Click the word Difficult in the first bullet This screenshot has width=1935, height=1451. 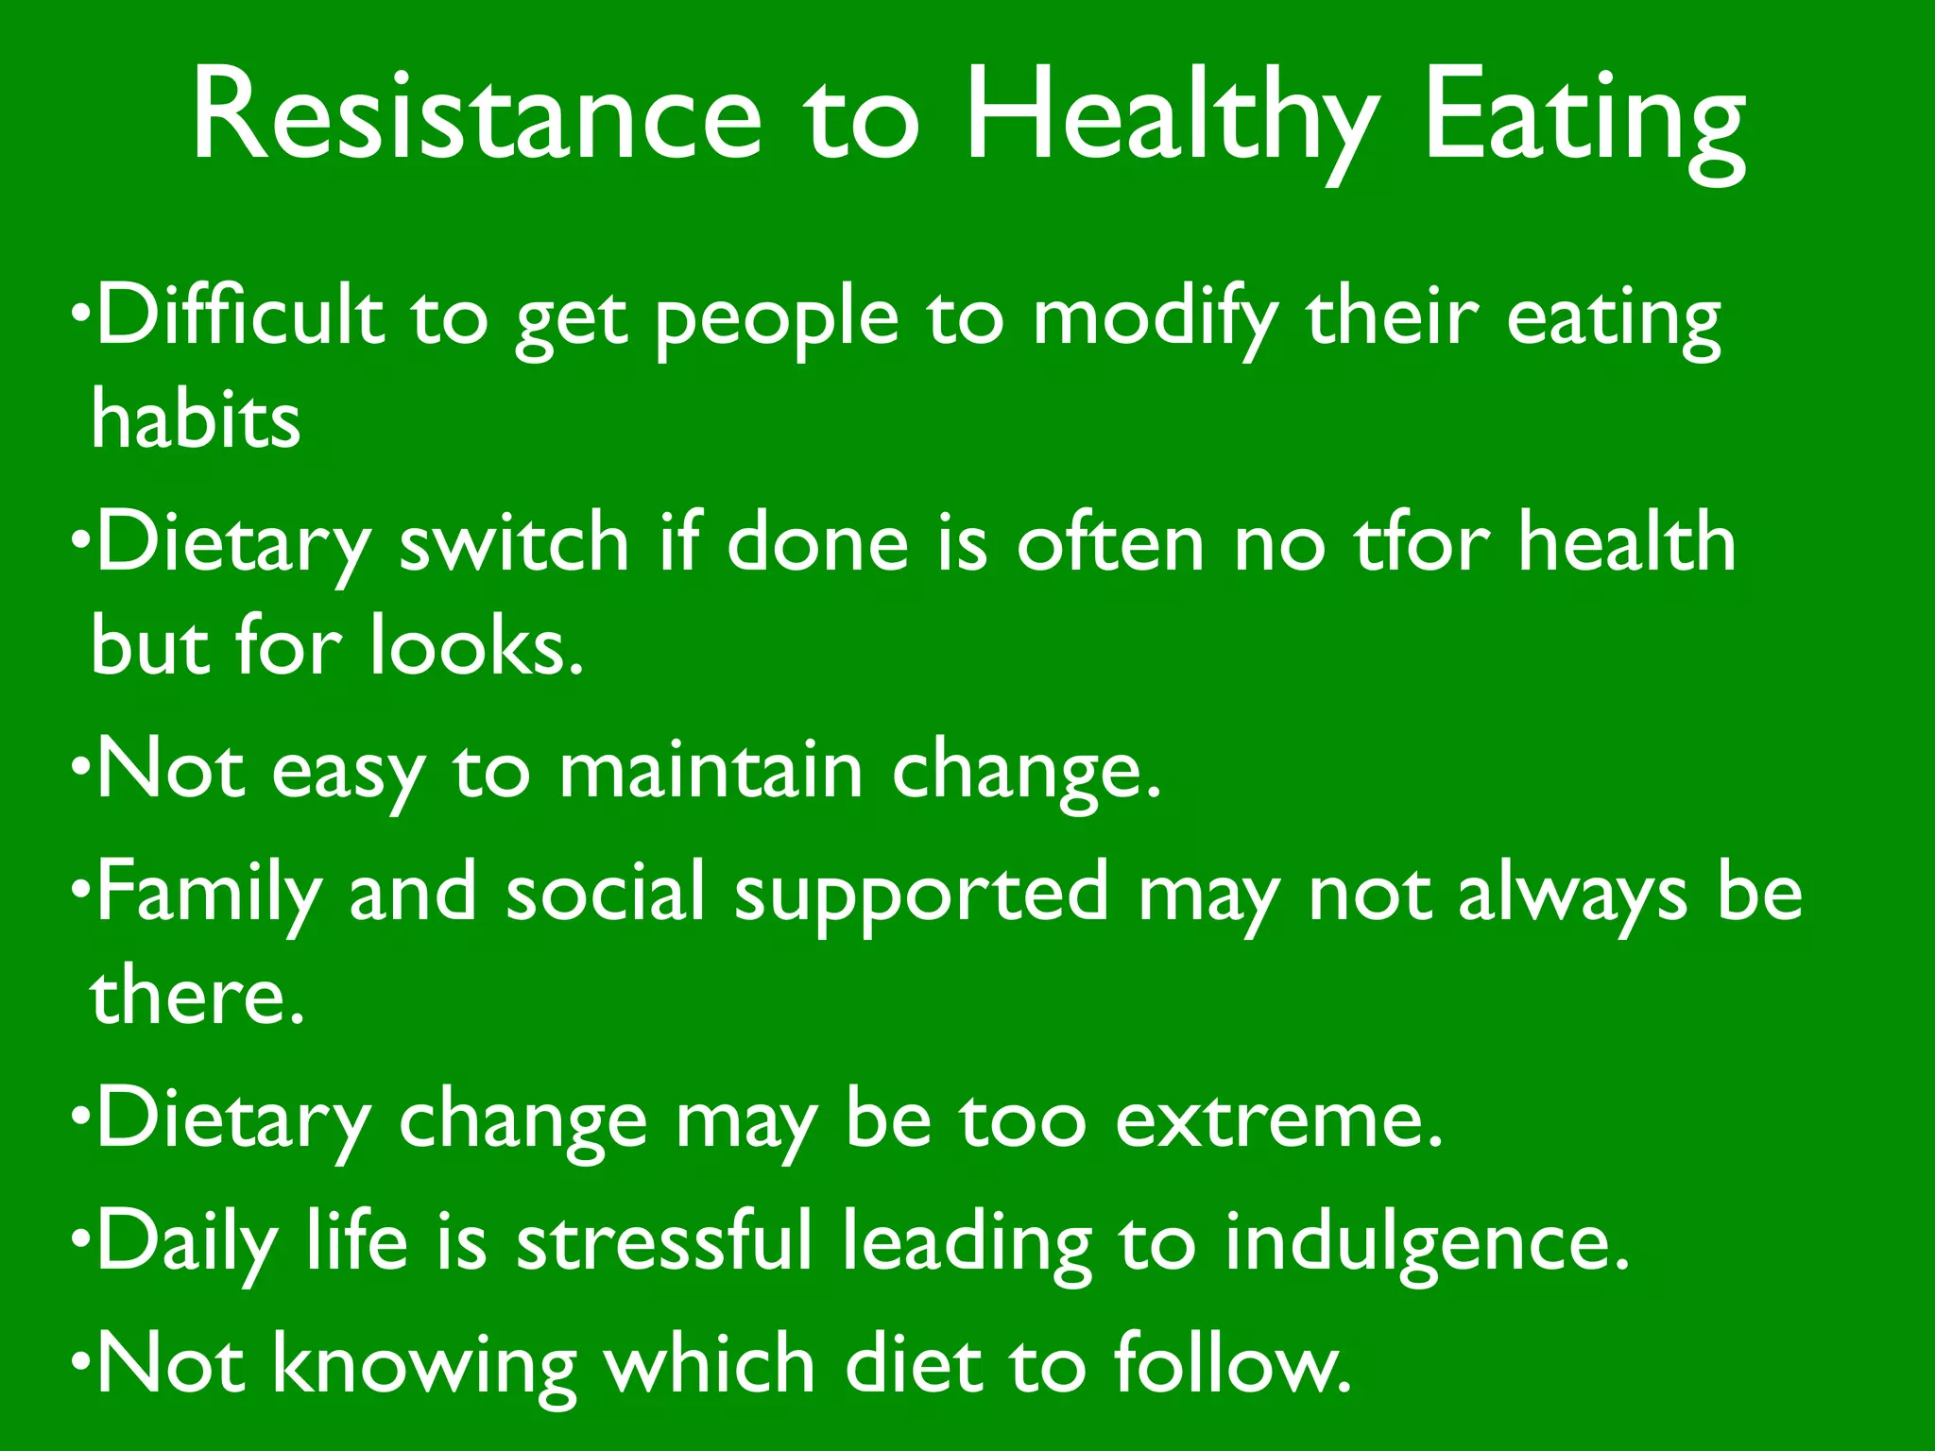[240, 316]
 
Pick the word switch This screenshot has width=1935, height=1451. [514, 542]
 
